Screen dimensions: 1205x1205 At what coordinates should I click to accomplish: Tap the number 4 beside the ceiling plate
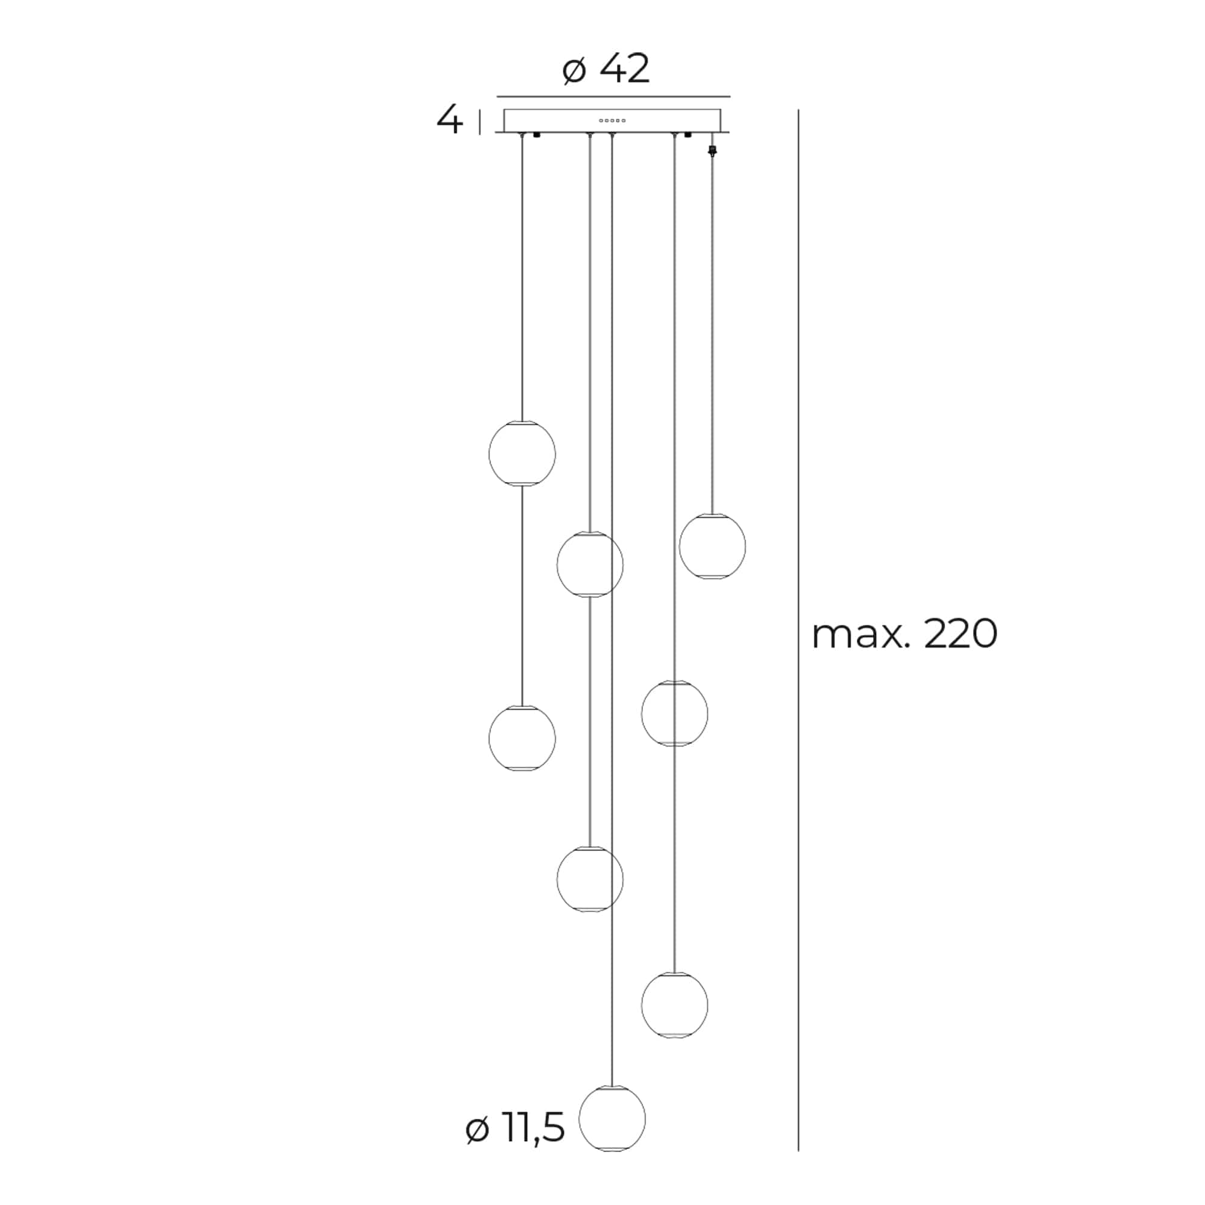449,120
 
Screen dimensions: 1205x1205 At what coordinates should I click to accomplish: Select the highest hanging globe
522,454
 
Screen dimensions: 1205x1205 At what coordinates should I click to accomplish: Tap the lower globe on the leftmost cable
522,739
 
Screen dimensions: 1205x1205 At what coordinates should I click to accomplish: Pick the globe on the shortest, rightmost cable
712,546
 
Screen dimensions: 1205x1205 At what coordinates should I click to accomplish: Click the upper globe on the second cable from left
589,565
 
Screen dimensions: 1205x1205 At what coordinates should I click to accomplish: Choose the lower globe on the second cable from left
589,880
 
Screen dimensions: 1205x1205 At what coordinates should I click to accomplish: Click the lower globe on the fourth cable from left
674,1005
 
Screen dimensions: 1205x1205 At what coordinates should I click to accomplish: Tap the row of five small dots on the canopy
612,120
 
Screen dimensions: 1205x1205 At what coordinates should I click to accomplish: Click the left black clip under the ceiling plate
537,135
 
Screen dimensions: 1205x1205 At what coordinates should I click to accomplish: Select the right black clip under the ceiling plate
688,135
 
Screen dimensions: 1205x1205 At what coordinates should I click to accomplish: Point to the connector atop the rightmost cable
712,150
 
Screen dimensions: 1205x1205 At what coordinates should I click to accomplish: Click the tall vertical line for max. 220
798,630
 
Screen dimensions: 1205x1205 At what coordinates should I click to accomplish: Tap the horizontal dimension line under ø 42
613,96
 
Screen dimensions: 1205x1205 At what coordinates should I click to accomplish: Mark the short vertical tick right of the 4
480,122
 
